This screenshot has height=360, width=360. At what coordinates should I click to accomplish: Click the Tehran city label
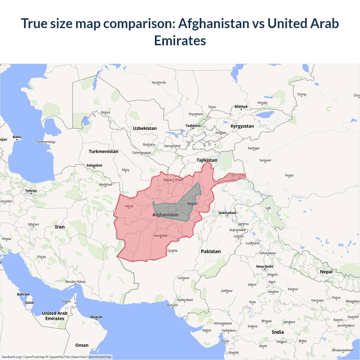[31, 191]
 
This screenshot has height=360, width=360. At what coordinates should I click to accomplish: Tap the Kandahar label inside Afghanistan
[161, 236]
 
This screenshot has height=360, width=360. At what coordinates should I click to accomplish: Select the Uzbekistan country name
[145, 128]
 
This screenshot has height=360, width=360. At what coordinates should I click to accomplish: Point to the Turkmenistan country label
[103, 151]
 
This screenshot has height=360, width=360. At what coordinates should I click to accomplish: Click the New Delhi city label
[265, 266]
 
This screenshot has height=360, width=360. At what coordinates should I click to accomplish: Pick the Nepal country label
[326, 272]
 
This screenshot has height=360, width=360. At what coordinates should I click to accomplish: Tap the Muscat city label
[96, 317]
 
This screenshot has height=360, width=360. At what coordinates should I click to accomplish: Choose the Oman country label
[82, 345]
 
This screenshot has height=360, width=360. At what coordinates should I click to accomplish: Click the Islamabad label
[227, 213]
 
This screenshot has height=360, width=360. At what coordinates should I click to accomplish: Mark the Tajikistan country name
[207, 160]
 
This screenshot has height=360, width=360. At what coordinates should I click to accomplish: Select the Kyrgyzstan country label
[242, 126]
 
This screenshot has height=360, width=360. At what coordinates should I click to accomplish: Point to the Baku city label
[17, 137]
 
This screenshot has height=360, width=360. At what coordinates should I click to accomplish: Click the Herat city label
[129, 206]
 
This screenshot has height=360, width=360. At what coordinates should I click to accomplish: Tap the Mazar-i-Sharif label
[173, 180]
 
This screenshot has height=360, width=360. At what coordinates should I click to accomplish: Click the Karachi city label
[172, 305]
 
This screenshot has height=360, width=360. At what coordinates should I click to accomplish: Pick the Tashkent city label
[193, 126]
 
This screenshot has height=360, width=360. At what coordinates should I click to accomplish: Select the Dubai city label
[66, 301]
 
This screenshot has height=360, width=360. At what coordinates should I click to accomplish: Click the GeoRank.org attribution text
[11, 357]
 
